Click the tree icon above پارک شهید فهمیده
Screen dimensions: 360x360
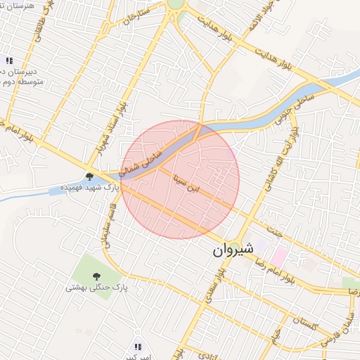pyautogui.click(x=89, y=176)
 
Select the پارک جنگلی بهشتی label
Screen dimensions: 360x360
pyautogui.click(x=91, y=288)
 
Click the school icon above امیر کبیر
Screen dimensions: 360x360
pyautogui.click(x=138, y=347)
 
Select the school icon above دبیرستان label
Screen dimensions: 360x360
pyautogui.click(x=8, y=60)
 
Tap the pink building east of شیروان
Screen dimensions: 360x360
pyautogui.click(x=279, y=256)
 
